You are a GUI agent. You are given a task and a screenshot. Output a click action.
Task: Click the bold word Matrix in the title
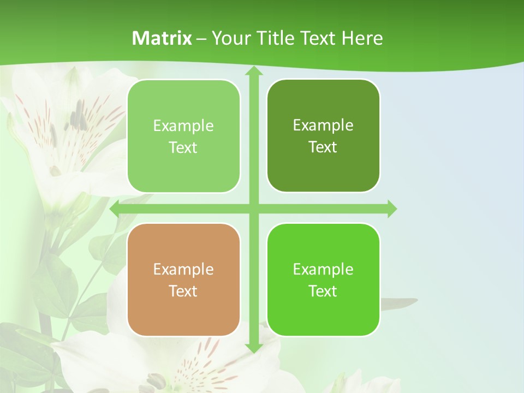pyautogui.click(x=162, y=38)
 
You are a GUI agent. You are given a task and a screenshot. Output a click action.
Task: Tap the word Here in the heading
pyautogui.click(x=362, y=38)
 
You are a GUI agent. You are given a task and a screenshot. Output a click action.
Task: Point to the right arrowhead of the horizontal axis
pyautogui.click(x=391, y=209)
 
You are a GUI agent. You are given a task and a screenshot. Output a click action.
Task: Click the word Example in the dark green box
pyautogui.click(x=323, y=125)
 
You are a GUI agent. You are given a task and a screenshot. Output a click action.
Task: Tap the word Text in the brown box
pyautogui.click(x=183, y=291)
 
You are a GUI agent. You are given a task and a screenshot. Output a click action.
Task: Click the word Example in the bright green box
pyautogui.click(x=323, y=269)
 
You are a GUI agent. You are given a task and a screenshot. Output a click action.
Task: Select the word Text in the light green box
pyautogui.click(x=183, y=147)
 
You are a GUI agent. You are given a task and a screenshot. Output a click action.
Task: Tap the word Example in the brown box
pyautogui.click(x=183, y=269)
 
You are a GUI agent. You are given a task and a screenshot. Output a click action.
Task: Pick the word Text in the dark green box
pyautogui.click(x=323, y=147)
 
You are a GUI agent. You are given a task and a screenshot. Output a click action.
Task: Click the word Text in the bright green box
pyautogui.click(x=323, y=291)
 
